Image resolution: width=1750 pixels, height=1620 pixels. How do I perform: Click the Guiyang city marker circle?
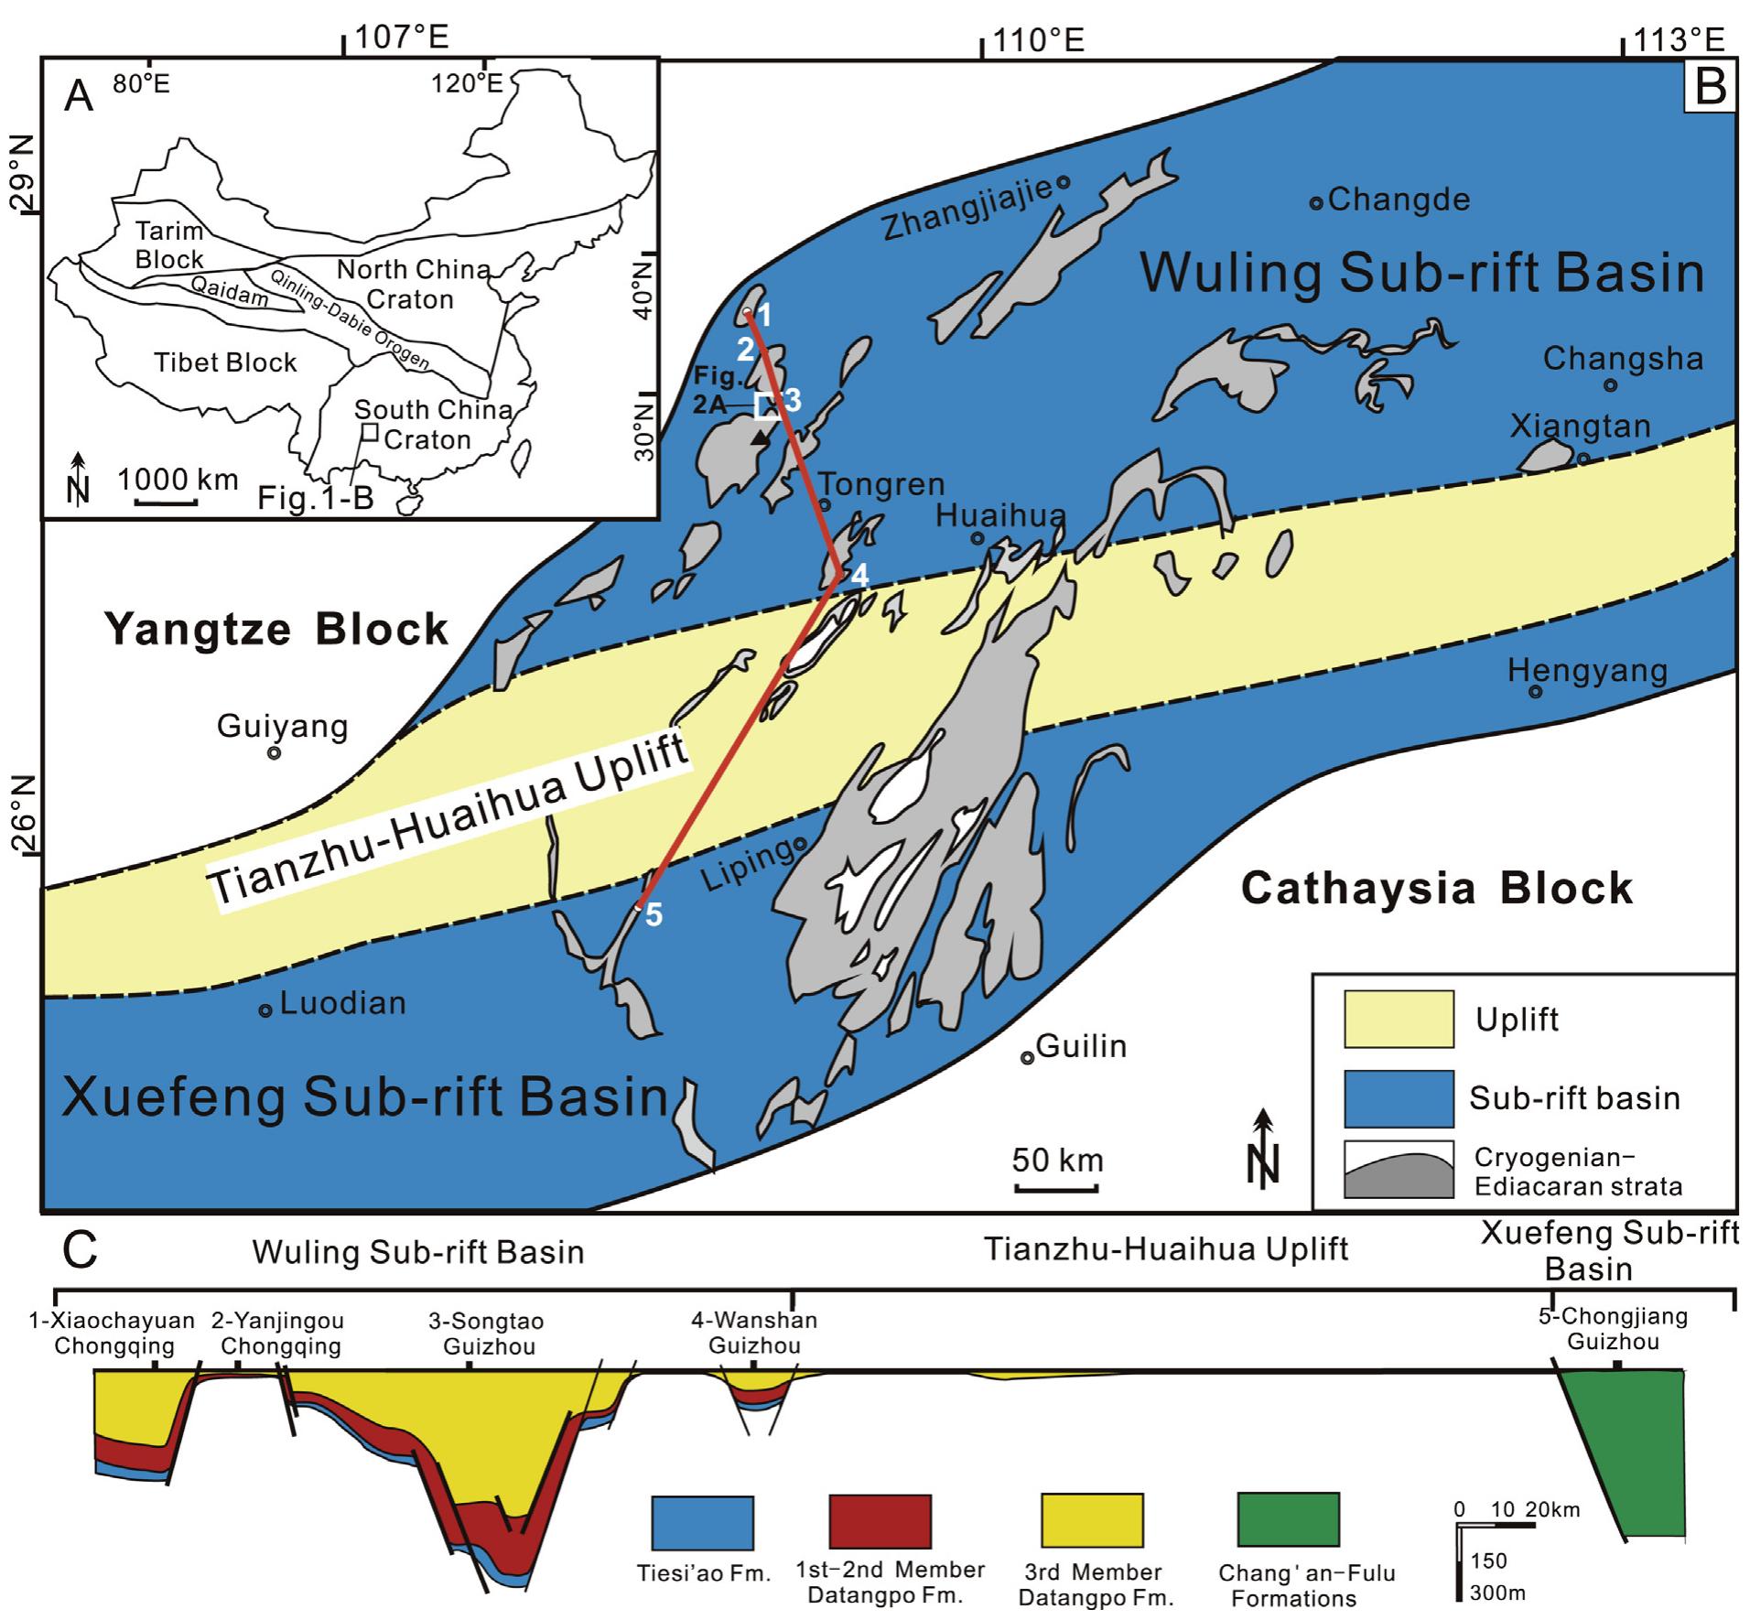(273, 752)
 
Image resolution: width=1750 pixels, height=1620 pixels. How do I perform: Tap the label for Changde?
(1398, 200)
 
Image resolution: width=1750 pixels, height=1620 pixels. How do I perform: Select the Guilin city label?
(1081, 1046)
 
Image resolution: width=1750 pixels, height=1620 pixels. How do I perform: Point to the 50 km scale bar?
(1056, 1189)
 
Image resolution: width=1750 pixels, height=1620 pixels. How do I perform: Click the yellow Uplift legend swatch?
(1398, 1019)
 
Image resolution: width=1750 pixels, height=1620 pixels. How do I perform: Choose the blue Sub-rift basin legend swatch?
(1398, 1098)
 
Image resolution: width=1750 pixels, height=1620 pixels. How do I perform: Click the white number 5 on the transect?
(654, 914)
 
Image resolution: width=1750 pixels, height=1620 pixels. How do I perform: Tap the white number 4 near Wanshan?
(859, 575)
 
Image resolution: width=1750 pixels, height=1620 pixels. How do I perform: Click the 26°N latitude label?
(21, 815)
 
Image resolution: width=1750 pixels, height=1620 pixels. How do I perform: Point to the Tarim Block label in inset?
(169, 245)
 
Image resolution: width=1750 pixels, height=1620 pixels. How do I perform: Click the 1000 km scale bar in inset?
(167, 502)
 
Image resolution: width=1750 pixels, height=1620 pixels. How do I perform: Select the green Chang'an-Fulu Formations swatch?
(1288, 1520)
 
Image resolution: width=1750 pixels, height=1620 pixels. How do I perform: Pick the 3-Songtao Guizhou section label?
(487, 1334)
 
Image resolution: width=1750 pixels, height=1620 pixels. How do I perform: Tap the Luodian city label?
(342, 1003)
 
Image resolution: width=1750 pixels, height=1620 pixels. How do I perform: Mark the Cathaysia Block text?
(1436, 889)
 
